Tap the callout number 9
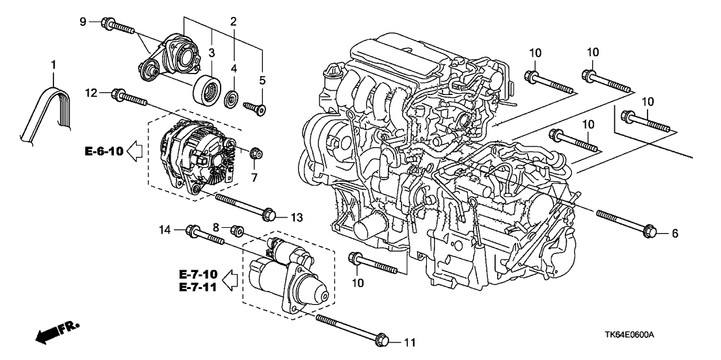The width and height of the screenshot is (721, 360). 83,21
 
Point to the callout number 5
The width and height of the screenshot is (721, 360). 264,81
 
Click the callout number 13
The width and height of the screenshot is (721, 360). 296,216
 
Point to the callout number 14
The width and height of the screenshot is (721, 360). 166,228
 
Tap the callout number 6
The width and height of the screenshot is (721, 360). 675,233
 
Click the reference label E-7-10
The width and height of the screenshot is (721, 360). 200,273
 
